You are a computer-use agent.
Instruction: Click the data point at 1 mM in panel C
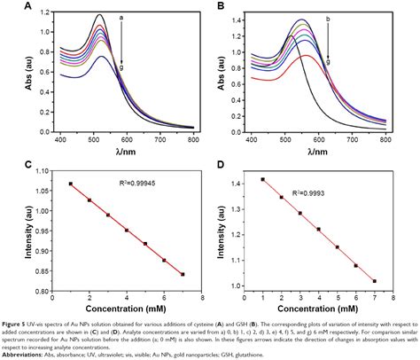(71, 184)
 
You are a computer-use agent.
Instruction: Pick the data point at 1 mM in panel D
(263, 180)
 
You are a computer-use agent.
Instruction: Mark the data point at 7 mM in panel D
(375, 281)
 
